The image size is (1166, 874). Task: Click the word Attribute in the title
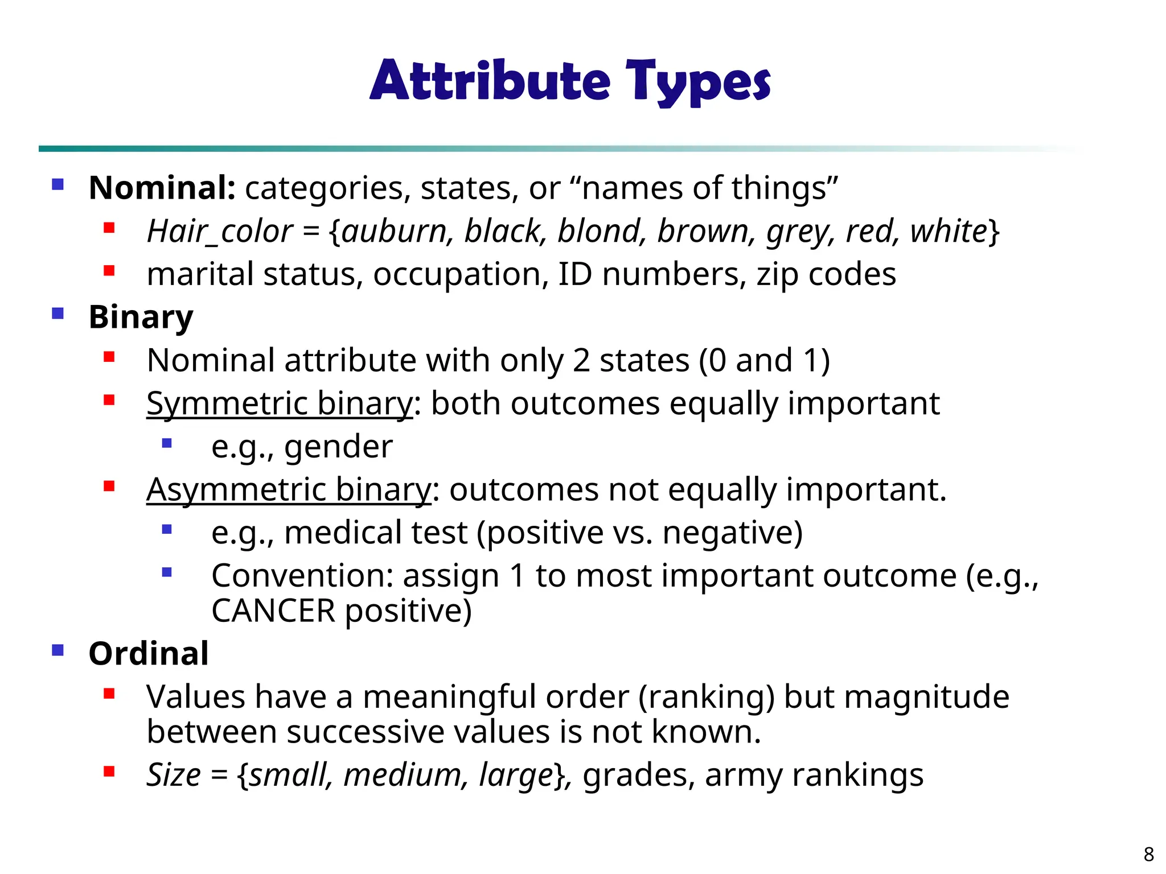[490, 81]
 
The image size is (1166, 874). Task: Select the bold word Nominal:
[162, 188]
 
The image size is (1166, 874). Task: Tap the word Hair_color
[219, 232]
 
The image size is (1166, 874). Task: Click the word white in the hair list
[948, 232]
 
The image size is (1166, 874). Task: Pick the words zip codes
[826, 275]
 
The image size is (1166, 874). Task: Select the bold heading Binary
[141, 317]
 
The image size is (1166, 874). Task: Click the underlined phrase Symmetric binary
[279, 403]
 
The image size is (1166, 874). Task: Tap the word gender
[338, 447]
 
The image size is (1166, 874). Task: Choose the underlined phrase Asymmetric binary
[289, 489]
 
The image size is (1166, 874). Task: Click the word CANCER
[273, 611]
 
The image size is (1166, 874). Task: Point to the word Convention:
[302, 576]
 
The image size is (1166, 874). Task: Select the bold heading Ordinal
[149, 653]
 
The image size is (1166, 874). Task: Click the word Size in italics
[174, 775]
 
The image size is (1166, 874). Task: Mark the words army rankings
[814, 775]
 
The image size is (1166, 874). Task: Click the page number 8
[1148, 854]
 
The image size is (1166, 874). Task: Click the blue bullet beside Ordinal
[58, 650]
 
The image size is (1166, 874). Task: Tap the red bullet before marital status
[109, 271]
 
